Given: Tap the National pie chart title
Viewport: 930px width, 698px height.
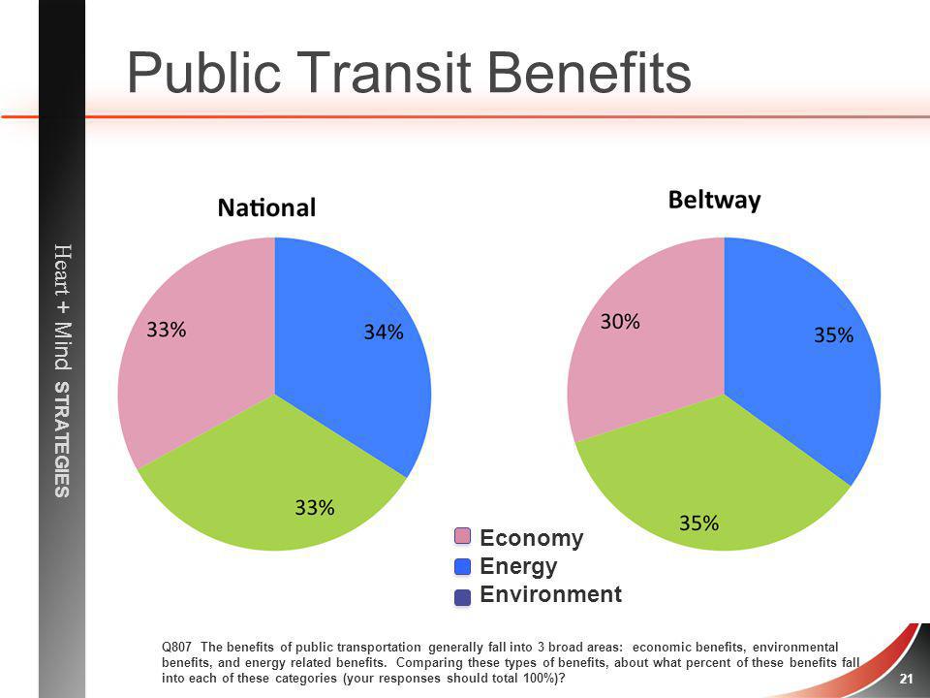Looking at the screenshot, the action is pyautogui.click(x=267, y=207).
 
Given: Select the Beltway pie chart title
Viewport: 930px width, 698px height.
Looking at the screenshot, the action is pyautogui.click(x=714, y=201).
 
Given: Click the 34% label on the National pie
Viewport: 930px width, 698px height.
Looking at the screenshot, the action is pyautogui.click(x=384, y=332).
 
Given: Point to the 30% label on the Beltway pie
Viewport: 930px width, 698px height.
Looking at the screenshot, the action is pyautogui.click(x=620, y=322).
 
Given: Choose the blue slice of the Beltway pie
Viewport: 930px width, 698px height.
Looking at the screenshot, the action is pyautogui.click(x=801, y=356).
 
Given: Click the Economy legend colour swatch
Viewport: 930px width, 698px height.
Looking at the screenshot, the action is pyautogui.click(x=462, y=536).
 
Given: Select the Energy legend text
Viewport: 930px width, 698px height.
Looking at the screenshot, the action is pyautogui.click(x=518, y=566).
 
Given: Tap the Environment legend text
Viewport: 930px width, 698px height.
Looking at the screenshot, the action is pyautogui.click(x=550, y=594).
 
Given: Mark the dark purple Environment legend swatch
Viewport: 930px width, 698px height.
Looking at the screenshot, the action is pyautogui.click(x=462, y=597).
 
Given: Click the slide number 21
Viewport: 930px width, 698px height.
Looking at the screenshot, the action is pyautogui.click(x=906, y=679).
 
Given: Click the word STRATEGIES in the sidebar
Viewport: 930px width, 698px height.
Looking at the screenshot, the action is pyautogui.click(x=62, y=439).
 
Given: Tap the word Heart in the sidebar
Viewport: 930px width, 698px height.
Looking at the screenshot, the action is pyautogui.click(x=62, y=271).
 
